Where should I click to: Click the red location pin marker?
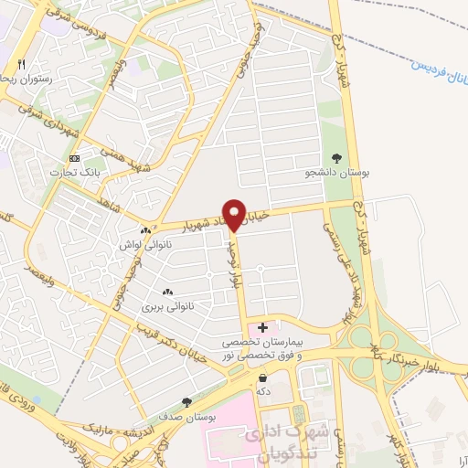point(235,214)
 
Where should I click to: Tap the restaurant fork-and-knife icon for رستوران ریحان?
point(21,65)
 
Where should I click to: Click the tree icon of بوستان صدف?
point(187,401)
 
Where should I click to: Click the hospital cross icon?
point(263,326)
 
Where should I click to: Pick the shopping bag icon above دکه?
point(263,377)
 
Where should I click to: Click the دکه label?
point(263,390)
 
